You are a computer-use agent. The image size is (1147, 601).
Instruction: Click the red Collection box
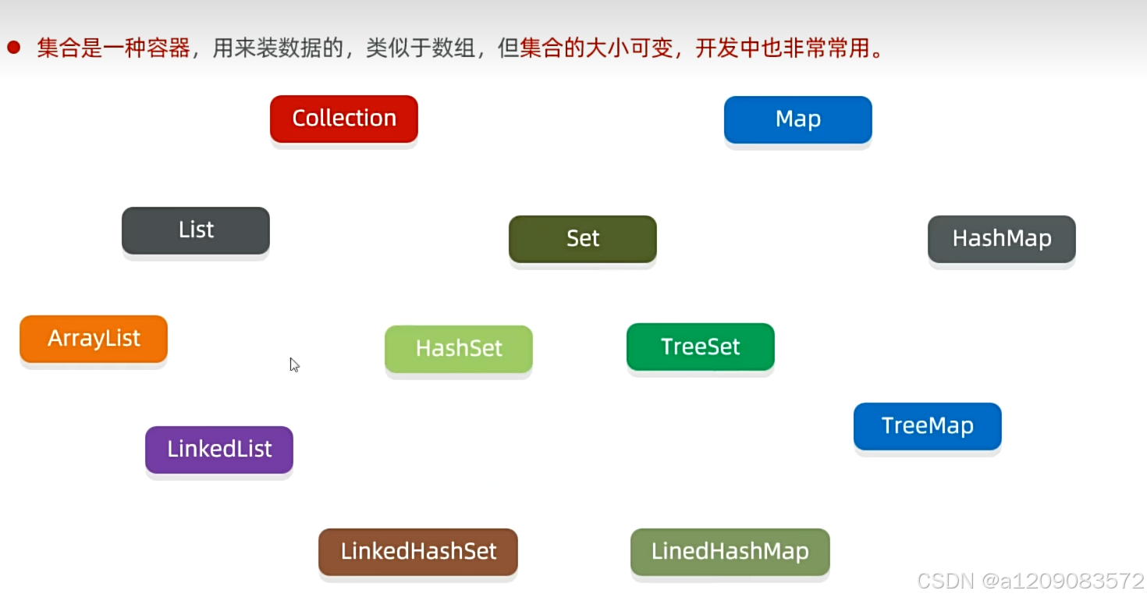(x=344, y=119)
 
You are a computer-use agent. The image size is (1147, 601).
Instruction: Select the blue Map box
(x=797, y=119)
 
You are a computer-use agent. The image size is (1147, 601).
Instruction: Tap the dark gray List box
(x=196, y=230)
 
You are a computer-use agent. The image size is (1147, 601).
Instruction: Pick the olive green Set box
(x=582, y=239)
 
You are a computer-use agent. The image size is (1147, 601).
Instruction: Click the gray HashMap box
(x=1001, y=239)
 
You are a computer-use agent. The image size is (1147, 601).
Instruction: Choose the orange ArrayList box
(x=94, y=339)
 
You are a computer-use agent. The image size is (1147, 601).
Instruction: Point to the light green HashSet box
(x=459, y=348)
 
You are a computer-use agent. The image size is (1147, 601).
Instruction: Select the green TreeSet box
(x=700, y=347)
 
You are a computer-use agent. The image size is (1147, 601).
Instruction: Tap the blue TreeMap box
(x=927, y=426)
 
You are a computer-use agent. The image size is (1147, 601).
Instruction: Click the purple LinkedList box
(x=219, y=450)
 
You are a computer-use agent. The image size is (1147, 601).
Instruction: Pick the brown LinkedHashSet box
(x=418, y=552)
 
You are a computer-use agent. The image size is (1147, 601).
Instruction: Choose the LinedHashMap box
(x=730, y=552)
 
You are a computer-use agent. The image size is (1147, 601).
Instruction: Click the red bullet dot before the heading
(x=13, y=48)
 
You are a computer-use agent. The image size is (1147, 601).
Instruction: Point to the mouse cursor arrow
(x=294, y=364)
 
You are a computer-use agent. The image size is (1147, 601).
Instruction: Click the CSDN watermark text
(x=946, y=581)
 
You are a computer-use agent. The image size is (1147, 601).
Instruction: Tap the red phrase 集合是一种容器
(x=113, y=48)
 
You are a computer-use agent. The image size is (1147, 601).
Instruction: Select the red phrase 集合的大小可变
(x=598, y=48)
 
